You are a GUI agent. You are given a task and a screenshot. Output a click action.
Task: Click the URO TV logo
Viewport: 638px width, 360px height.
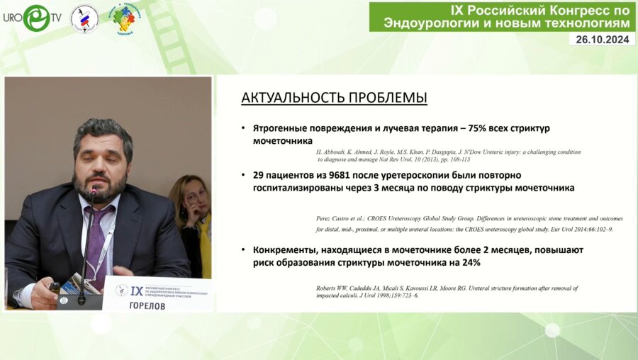tap(31, 18)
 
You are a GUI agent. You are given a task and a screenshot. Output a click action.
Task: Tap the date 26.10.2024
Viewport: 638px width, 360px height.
tap(602, 40)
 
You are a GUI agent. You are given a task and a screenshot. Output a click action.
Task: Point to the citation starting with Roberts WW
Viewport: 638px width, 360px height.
tap(447, 291)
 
